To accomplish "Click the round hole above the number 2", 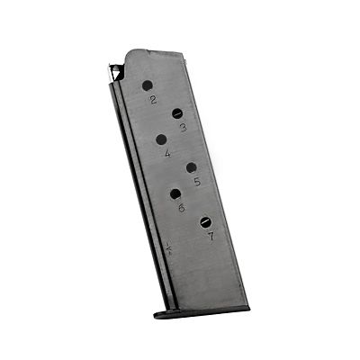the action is [148, 86].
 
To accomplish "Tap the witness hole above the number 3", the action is [177, 113].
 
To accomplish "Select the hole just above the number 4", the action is [161, 139].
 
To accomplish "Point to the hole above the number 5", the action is [192, 167].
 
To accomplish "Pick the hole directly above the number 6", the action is [175, 194].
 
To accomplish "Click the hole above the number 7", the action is [206, 222].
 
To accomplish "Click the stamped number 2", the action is [154, 100].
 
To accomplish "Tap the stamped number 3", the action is [184, 128].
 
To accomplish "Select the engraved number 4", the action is [167, 153].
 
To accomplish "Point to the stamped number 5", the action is [197, 182].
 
